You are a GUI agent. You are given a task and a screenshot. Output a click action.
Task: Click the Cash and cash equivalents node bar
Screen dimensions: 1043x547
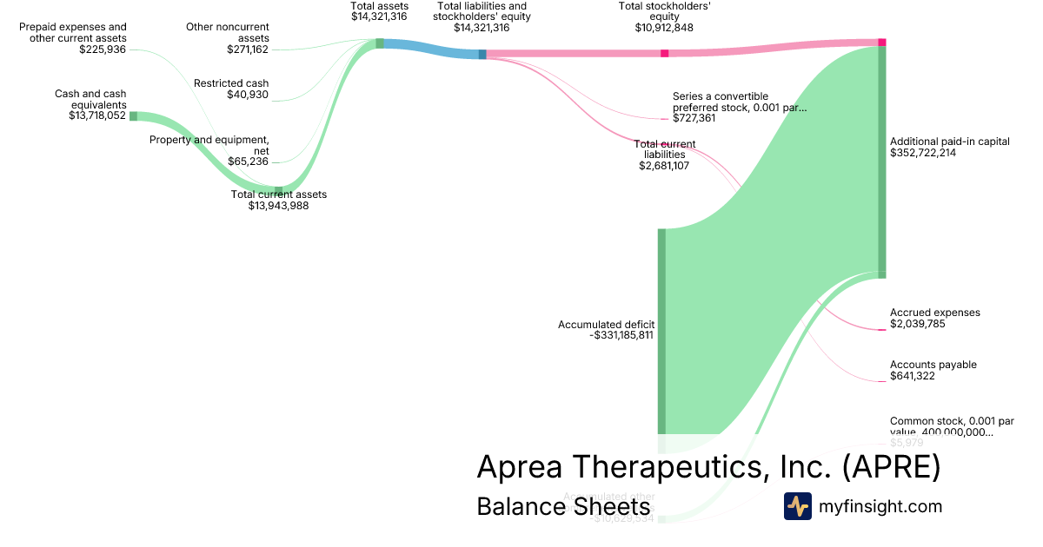click(133, 115)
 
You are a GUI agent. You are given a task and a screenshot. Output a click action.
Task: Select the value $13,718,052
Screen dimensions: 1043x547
click(97, 115)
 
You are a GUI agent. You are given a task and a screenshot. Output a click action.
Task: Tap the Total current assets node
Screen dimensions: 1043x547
click(278, 189)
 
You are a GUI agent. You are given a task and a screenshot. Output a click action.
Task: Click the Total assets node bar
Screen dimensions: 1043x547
click(380, 43)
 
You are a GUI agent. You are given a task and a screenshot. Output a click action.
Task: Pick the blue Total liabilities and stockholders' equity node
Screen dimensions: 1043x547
click(482, 55)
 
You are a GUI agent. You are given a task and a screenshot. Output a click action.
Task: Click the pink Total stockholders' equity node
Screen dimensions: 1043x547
click(665, 54)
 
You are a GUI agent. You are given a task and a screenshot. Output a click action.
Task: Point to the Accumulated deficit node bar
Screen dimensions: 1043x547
click(661, 330)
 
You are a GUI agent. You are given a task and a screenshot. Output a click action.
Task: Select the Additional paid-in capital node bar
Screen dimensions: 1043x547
click(881, 161)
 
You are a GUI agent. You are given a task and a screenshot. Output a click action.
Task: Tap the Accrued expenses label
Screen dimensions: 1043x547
click(934, 313)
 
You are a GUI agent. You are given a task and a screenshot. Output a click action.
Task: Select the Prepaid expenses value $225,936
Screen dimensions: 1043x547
click(103, 49)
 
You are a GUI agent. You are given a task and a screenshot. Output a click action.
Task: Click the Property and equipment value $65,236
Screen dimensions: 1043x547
click(248, 161)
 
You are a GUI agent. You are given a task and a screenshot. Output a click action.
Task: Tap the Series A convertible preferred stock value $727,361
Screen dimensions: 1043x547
click(694, 118)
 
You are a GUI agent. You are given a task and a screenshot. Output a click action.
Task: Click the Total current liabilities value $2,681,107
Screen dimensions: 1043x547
click(664, 166)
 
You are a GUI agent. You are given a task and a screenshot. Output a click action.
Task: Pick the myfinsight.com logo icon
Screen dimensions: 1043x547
click(797, 506)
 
